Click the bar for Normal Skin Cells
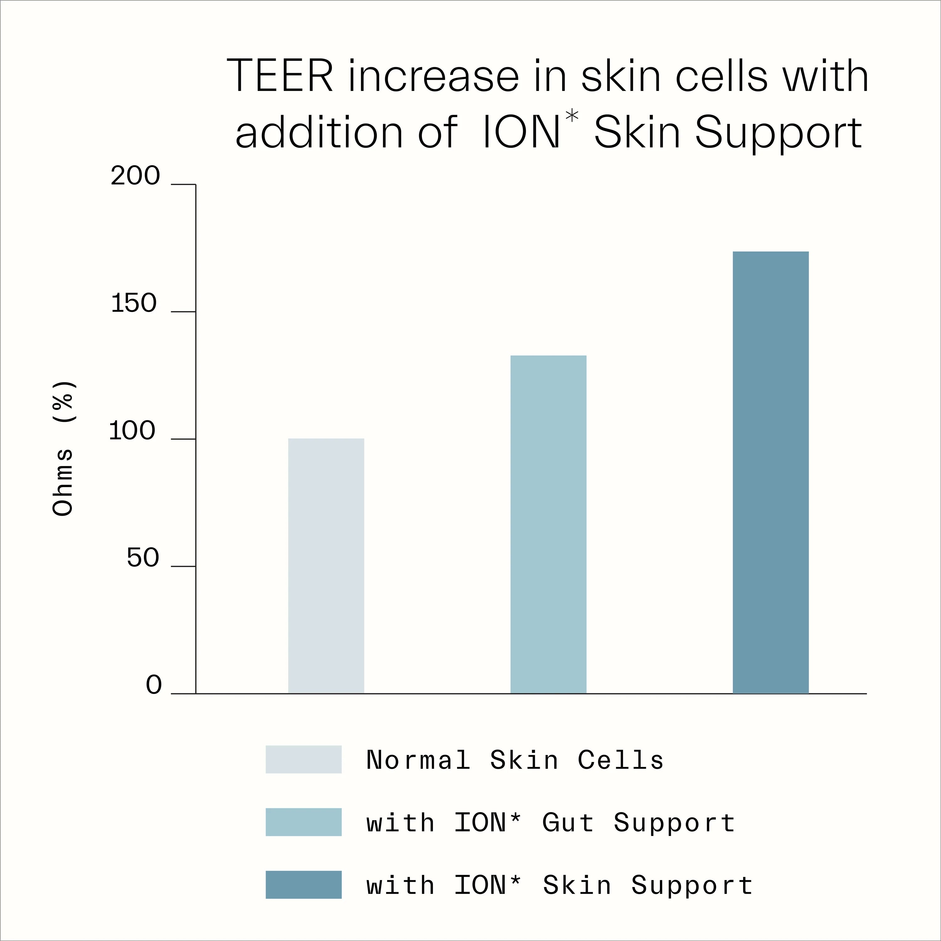tap(326, 566)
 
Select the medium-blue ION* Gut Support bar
tap(548, 524)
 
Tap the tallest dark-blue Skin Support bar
tap(771, 472)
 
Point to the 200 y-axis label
tap(135, 176)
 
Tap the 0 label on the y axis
tap(153, 685)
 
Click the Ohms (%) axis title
tap(63, 448)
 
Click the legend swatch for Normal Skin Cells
tap(303, 759)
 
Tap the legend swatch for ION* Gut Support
tap(303, 822)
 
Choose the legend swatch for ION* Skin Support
tap(303, 885)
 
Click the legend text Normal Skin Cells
tap(515, 760)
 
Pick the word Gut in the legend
tap(568, 823)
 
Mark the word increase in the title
tap(433, 77)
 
